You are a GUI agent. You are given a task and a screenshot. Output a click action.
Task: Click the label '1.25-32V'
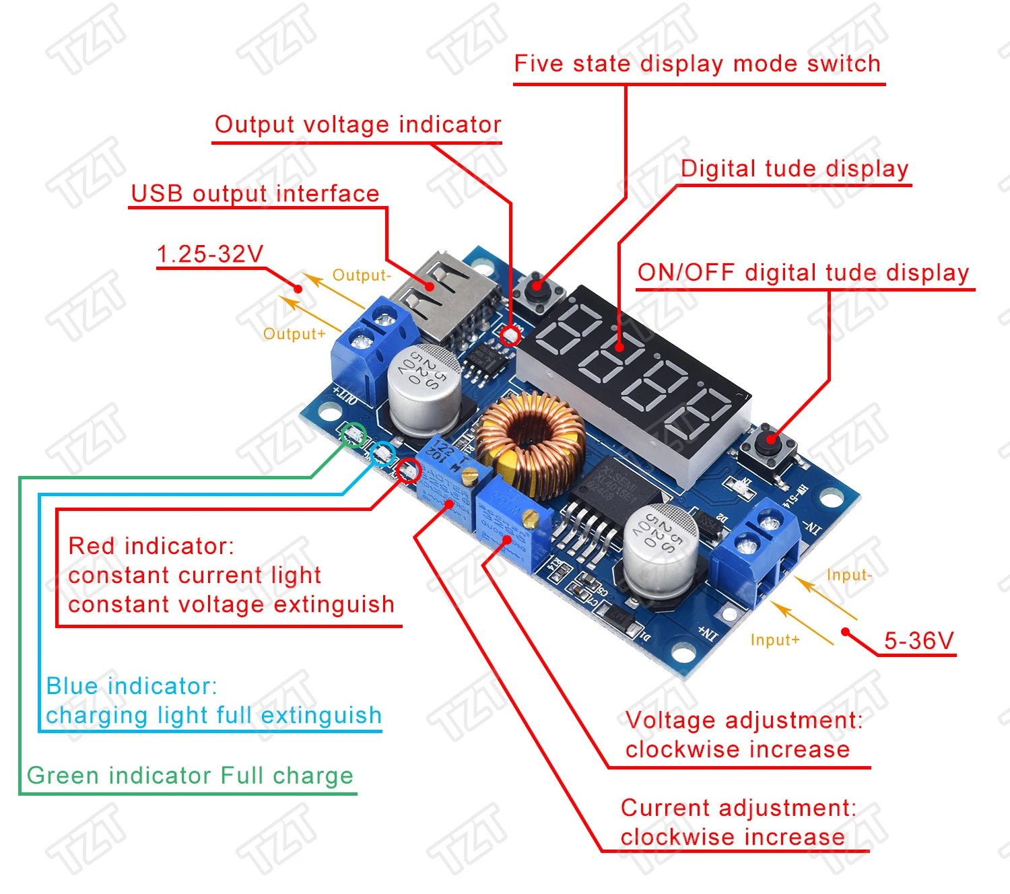coord(209,254)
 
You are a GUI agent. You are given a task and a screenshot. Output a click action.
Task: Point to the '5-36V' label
coord(918,640)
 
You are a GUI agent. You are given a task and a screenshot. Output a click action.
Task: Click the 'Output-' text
coord(362,275)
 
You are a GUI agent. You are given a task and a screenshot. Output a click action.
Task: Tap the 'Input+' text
coord(775,640)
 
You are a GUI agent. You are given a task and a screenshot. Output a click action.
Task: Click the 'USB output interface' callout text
coord(255,194)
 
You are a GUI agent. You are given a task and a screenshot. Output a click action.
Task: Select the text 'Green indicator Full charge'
coord(190,776)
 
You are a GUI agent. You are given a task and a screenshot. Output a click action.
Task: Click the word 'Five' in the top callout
coord(539,64)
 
